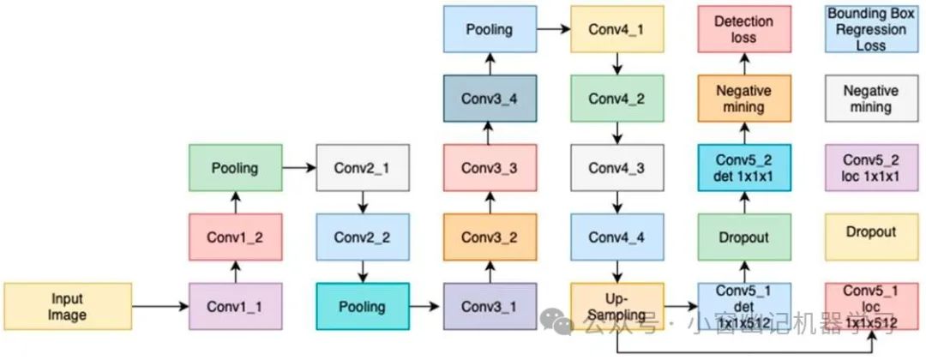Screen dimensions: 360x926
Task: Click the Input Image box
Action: pyautogui.click(x=68, y=306)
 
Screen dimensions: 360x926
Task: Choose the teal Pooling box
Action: pyautogui.click(x=363, y=306)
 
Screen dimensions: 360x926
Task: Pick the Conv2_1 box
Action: pyautogui.click(x=363, y=167)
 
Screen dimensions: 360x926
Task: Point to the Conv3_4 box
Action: pyautogui.click(x=490, y=98)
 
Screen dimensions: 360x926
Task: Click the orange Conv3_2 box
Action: pyautogui.click(x=490, y=237)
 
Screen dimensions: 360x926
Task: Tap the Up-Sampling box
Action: pyautogui.click(x=616, y=306)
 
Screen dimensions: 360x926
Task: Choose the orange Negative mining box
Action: pyautogui.click(x=743, y=98)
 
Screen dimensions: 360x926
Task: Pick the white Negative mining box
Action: pyautogui.click(x=870, y=98)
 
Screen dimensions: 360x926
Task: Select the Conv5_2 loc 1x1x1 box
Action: pyautogui.click(x=870, y=167)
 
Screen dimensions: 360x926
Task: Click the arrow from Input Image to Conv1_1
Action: pyautogui.click(x=160, y=306)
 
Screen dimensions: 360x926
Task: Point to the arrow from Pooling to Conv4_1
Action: pyautogui.click(x=553, y=28)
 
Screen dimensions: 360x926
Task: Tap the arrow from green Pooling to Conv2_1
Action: pyautogui.click(x=299, y=167)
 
